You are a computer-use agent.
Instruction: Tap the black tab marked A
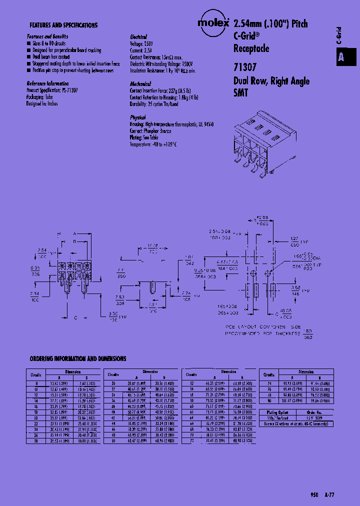(341, 57)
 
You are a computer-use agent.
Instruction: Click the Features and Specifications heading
(63, 25)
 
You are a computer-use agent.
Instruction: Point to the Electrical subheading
(138, 37)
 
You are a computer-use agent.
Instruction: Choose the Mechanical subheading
(140, 84)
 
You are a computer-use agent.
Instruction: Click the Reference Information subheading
(48, 83)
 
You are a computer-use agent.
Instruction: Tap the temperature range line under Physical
(154, 144)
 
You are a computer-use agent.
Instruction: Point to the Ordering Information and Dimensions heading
(78, 359)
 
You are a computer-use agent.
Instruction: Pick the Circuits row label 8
(36, 382)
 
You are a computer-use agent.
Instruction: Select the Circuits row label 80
(269, 400)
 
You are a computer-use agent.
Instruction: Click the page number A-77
(328, 494)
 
